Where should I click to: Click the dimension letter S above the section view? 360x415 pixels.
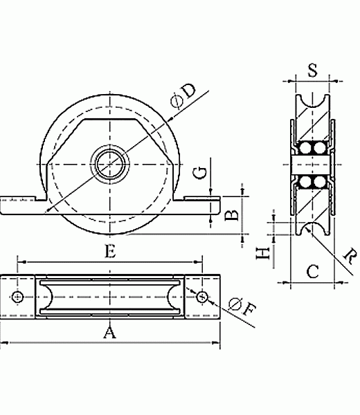coord(313,71)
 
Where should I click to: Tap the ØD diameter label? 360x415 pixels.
coord(183,96)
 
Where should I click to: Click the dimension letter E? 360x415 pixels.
coord(110,251)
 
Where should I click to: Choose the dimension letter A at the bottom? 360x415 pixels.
coord(109,333)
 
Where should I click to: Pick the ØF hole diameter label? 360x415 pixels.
coord(242,306)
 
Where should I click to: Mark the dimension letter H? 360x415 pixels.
coord(263,253)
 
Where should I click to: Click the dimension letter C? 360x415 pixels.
coord(313,271)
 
